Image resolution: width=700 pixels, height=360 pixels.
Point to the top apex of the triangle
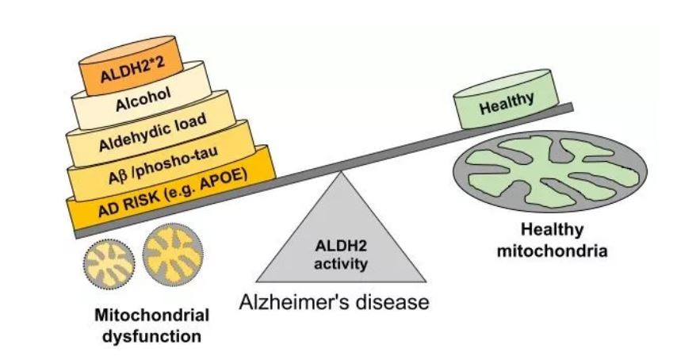(x=341, y=173)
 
